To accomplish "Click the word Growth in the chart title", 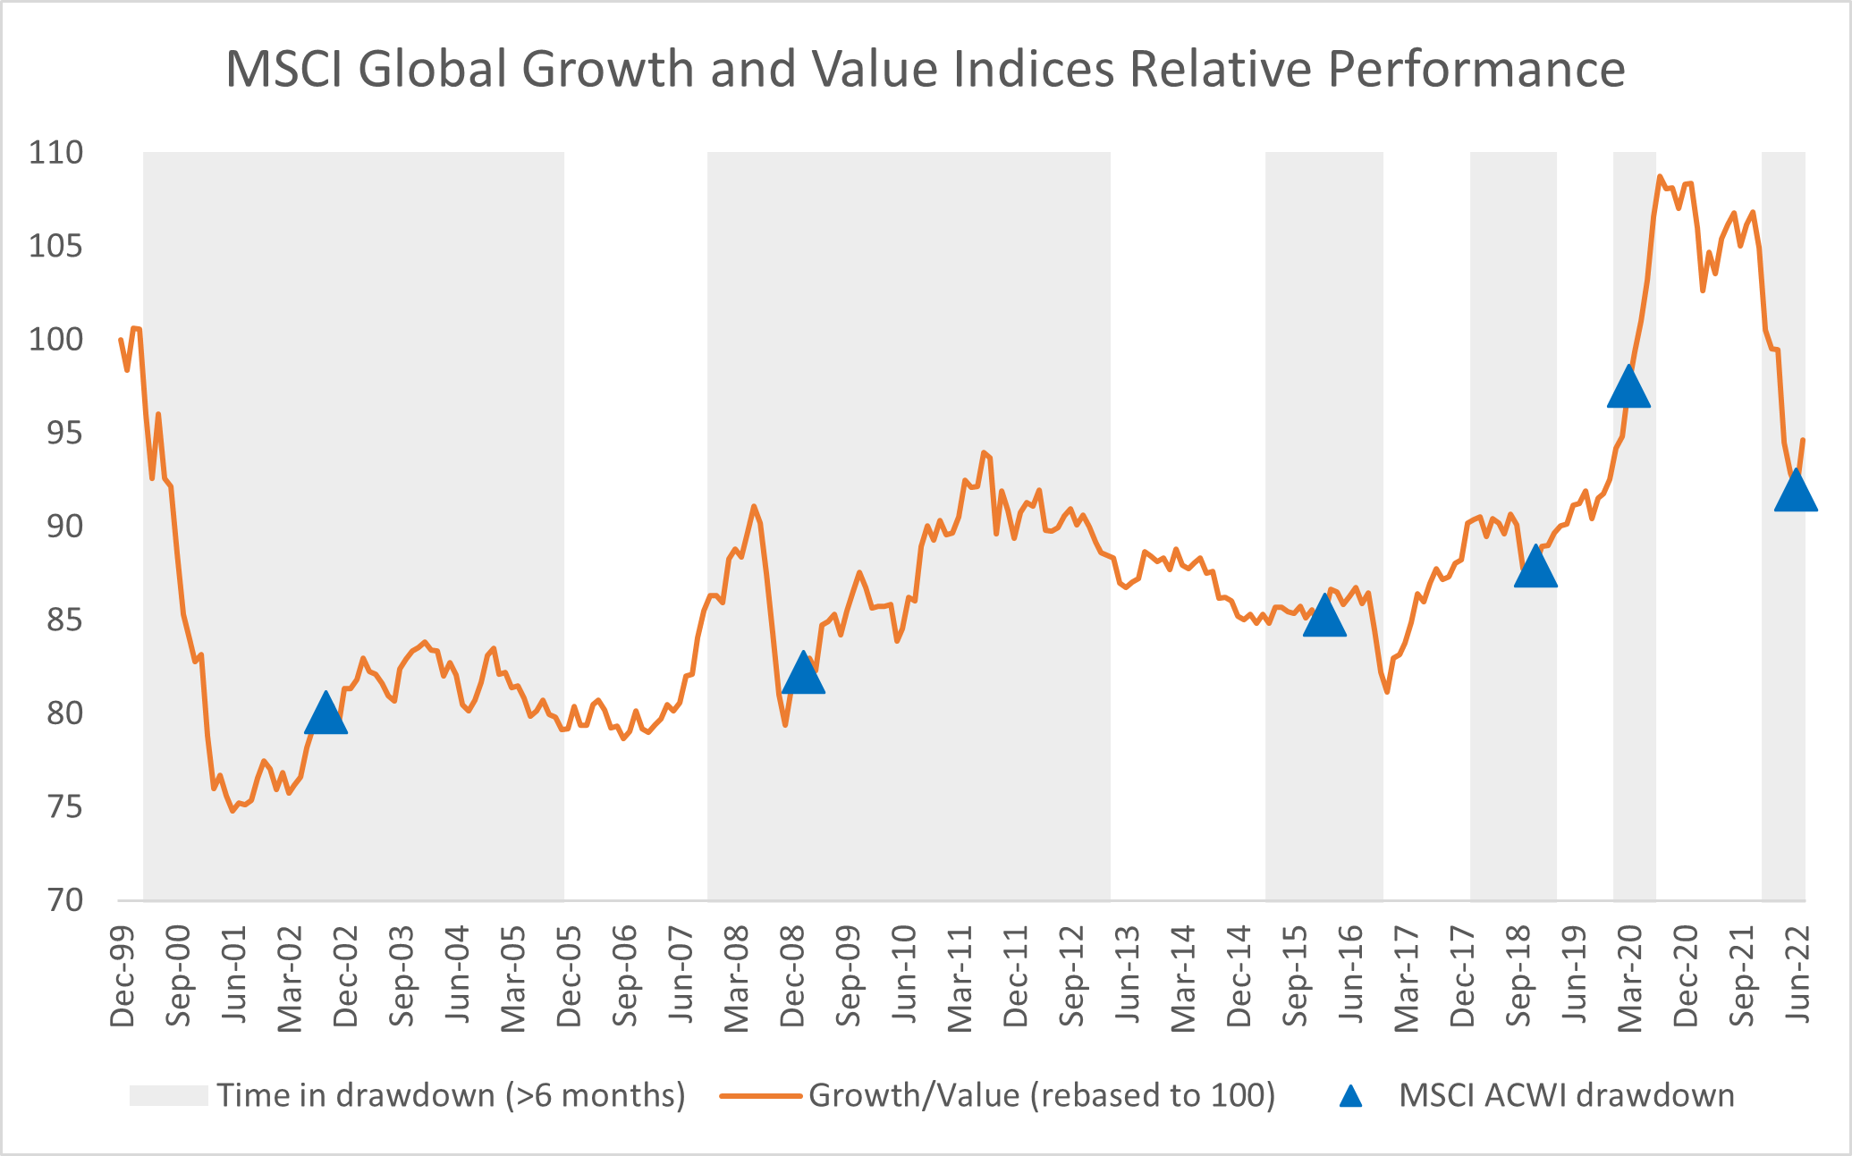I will coord(607,69).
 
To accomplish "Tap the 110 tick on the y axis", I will coord(55,153).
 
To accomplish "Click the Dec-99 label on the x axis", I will coord(123,976).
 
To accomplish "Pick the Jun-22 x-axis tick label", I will coord(1797,976).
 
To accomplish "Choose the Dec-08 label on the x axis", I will coord(792,976).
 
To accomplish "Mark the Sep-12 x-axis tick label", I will coord(1071,976).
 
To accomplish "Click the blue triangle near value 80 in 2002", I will coord(326,714).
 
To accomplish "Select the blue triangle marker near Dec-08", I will coord(802,674).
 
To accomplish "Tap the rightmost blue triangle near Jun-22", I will coord(1795,492).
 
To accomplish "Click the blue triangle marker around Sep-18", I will coord(1535,568).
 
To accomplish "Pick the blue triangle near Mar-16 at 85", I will coord(1324,617).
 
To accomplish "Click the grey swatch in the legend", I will coord(168,1095).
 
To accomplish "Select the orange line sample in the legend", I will coord(760,1095).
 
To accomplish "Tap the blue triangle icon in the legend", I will coord(1350,1096).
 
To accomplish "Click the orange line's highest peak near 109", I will coord(1660,177).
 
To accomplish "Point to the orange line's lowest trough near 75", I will coord(233,810).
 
